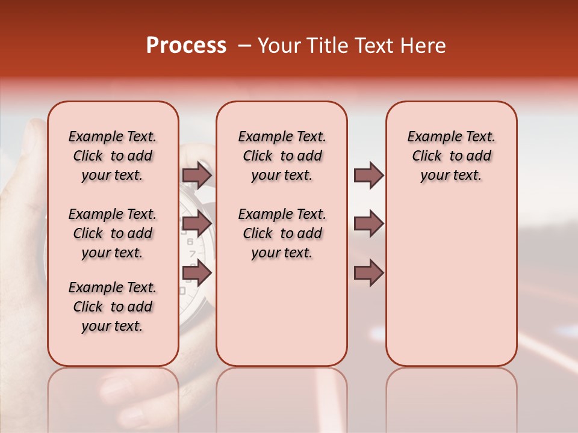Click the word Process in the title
click(186, 46)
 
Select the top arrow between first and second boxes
click(197, 175)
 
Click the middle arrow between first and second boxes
click(197, 224)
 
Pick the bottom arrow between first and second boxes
click(197, 272)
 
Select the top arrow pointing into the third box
click(368, 175)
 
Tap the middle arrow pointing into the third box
click(368, 224)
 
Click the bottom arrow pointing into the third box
click(368, 272)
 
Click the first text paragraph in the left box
click(113, 156)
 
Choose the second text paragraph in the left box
click(113, 233)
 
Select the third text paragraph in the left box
click(113, 307)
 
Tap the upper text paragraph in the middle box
click(282, 156)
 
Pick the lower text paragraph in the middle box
click(282, 233)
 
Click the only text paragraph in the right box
click(451, 156)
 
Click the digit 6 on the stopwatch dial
click(190, 241)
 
